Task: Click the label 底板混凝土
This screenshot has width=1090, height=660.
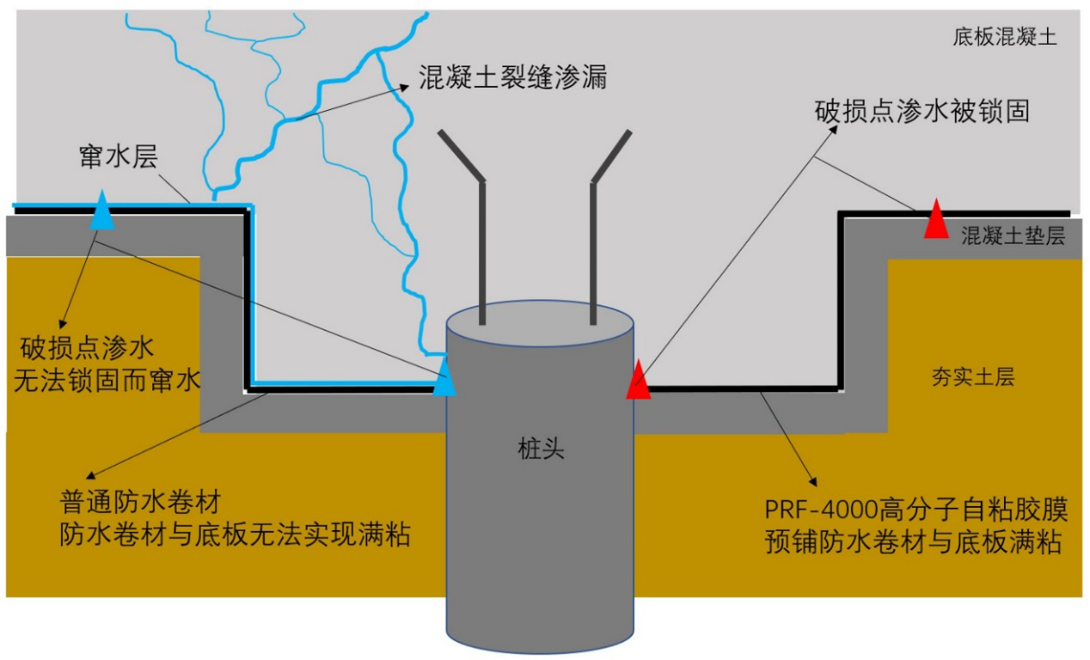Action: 1004,37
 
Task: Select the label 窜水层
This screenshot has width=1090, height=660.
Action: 118,157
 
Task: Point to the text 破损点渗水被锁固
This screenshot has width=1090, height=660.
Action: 923,112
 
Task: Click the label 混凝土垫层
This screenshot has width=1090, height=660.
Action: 1012,237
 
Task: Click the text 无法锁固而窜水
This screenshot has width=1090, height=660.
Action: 107,381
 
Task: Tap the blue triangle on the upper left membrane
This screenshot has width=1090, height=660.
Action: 104,211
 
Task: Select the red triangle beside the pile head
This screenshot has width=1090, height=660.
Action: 638,380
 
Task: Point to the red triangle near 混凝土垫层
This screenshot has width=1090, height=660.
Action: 936,219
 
